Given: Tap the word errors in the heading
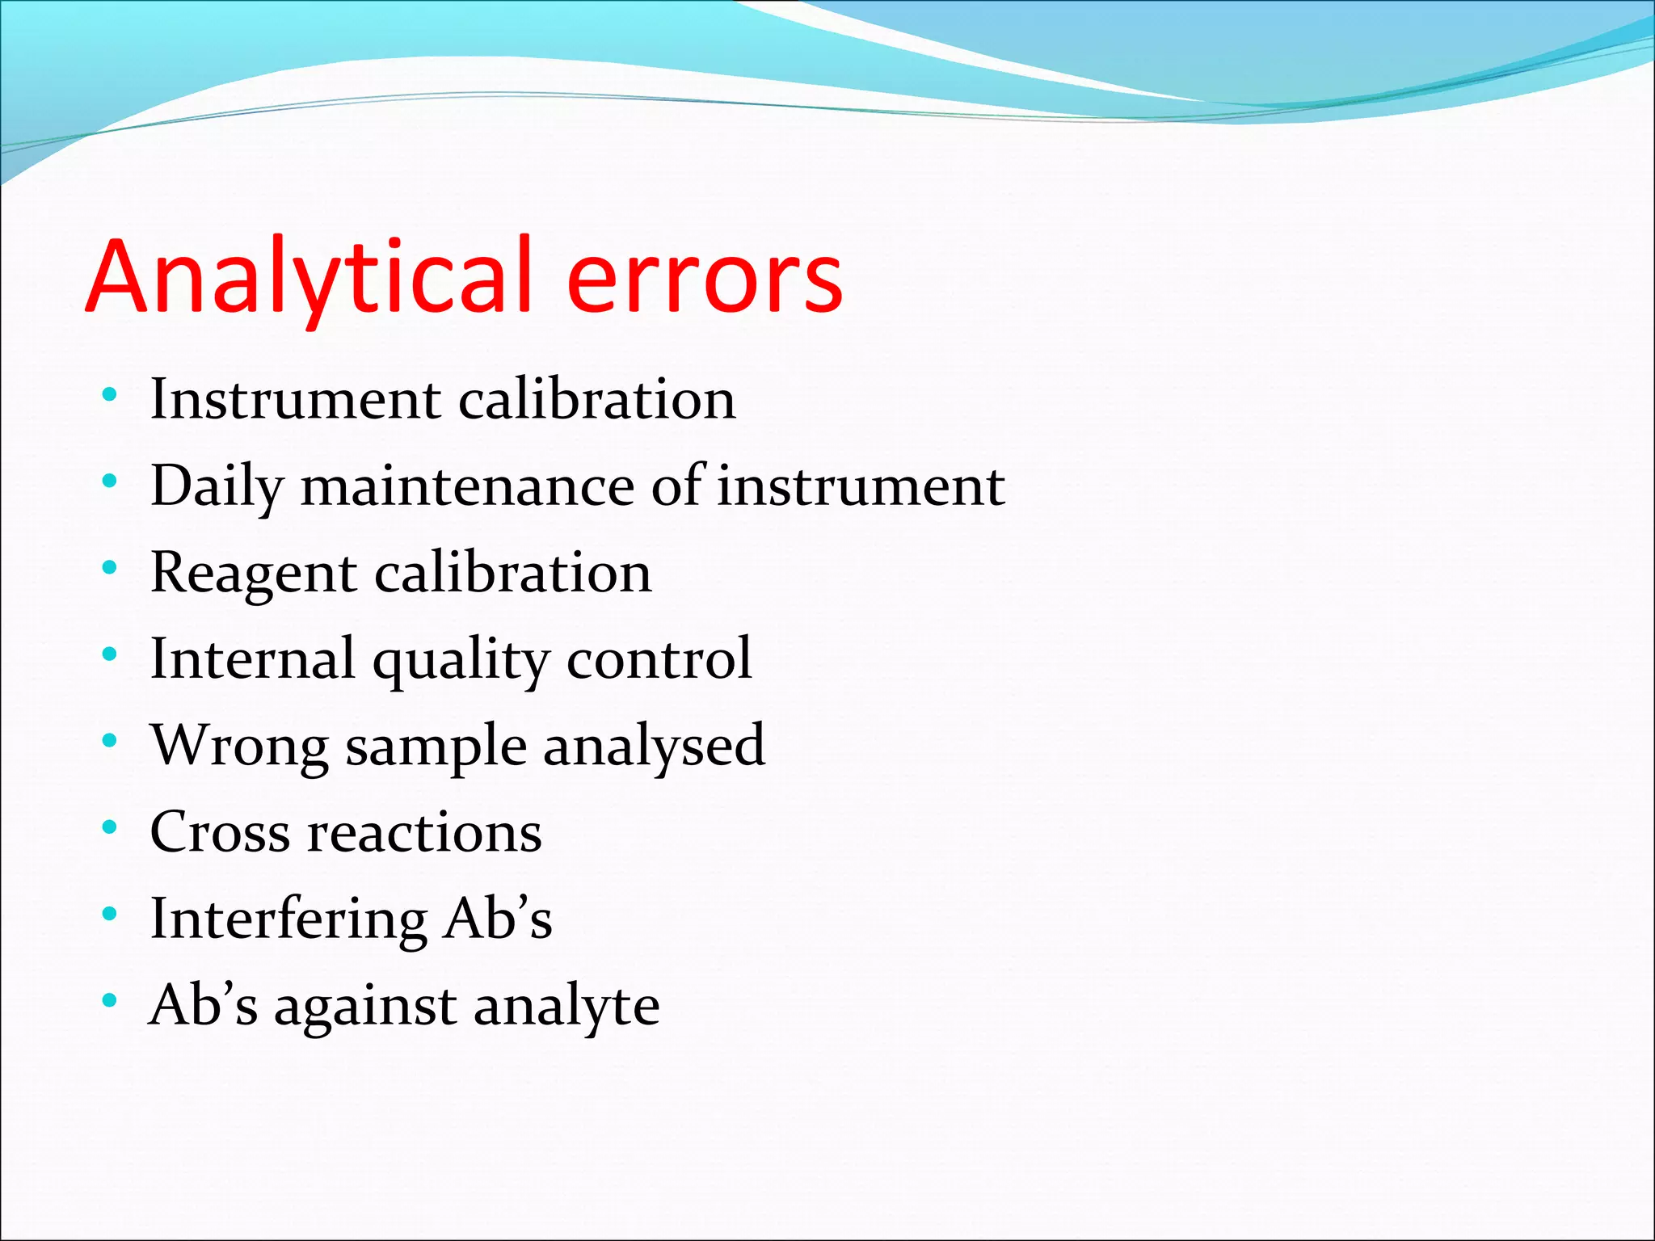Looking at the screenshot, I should coord(705,280).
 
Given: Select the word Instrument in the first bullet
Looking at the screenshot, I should coord(297,400).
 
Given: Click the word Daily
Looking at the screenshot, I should coord(217,487).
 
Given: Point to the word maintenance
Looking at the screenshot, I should coord(468,487).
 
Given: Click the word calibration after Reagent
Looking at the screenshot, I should coord(513,573).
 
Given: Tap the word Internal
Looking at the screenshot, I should coord(253,659).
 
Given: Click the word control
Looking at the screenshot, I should coord(659,659).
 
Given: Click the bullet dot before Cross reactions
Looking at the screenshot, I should coord(110,827).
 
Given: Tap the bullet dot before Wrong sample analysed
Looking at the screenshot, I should coord(110,741).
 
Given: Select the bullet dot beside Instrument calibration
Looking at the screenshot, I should coord(110,395).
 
